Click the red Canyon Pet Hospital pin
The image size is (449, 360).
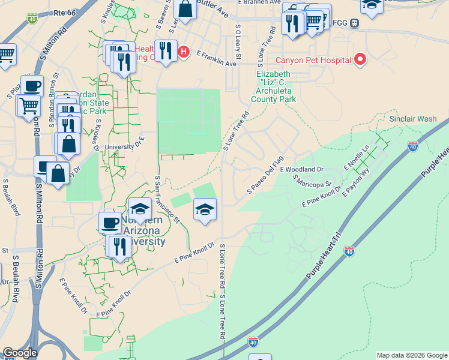click(x=360, y=59)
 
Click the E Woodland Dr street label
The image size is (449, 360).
click(x=301, y=170)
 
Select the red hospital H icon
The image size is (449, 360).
click(x=184, y=52)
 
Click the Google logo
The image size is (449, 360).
click(x=20, y=353)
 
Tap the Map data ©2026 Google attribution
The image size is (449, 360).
click(x=412, y=355)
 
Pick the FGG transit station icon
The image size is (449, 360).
click(x=355, y=24)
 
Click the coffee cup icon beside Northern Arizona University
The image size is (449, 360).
click(x=110, y=223)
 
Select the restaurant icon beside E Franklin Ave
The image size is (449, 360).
click(x=164, y=50)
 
